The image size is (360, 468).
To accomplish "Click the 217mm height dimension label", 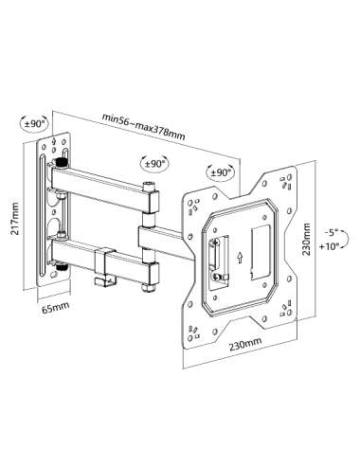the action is click(x=14, y=219).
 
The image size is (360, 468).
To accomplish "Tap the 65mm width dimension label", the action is click(x=56, y=307).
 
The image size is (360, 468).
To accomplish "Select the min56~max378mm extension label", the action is click(x=143, y=126).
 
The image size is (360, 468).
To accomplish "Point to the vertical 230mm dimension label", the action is click(x=306, y=239).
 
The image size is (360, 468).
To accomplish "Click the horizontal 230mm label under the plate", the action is click(x=245, y=344).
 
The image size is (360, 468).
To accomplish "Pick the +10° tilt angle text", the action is click(x=329, y=245).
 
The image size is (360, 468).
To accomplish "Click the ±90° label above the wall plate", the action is click(x=35, y=123).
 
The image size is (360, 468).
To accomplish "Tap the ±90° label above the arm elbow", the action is click(x=154, y=164).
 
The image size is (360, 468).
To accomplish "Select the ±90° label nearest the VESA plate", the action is click(x=221, y=172).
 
